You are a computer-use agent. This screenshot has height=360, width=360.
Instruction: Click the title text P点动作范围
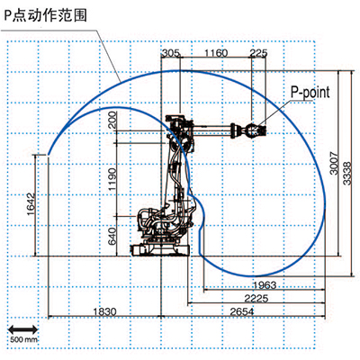tap(45, 15)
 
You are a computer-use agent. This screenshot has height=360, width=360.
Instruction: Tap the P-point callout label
tap(310, 93)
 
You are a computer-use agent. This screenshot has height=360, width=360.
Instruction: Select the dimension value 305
tap(171, 53)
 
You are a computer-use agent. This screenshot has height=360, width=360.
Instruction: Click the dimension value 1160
tap(216, 53)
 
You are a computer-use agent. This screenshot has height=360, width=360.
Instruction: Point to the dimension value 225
tap(258, 53)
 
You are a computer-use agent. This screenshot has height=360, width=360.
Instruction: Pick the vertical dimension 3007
tap(334, 163)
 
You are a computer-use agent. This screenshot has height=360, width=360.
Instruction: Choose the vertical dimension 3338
tap(346, 174)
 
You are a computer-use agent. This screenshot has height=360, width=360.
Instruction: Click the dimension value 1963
tap(265, 284)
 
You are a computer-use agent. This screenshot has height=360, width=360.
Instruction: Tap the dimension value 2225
tap(256, 298)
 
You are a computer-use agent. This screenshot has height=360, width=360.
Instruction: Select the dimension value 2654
tap(242, 311)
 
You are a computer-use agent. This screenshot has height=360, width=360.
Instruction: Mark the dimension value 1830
tap(104, 311)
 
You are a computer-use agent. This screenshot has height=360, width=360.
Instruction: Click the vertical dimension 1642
tap(31, 204)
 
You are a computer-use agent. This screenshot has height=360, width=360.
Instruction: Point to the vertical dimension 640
tap(112, 236)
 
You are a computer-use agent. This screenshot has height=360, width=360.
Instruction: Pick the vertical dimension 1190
tap(112, 179)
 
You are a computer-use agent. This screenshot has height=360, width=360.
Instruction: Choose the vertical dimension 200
tap(112, 120)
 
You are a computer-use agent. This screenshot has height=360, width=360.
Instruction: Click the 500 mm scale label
tap(23, 339)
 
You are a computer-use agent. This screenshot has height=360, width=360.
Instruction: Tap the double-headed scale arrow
tap(22, 329)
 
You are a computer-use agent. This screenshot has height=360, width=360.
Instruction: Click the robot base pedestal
tap(159, 248)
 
